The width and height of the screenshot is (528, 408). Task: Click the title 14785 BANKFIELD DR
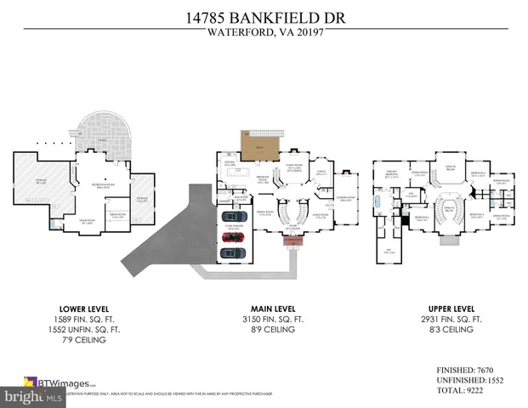264,16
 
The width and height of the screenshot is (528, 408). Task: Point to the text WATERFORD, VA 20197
264,35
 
